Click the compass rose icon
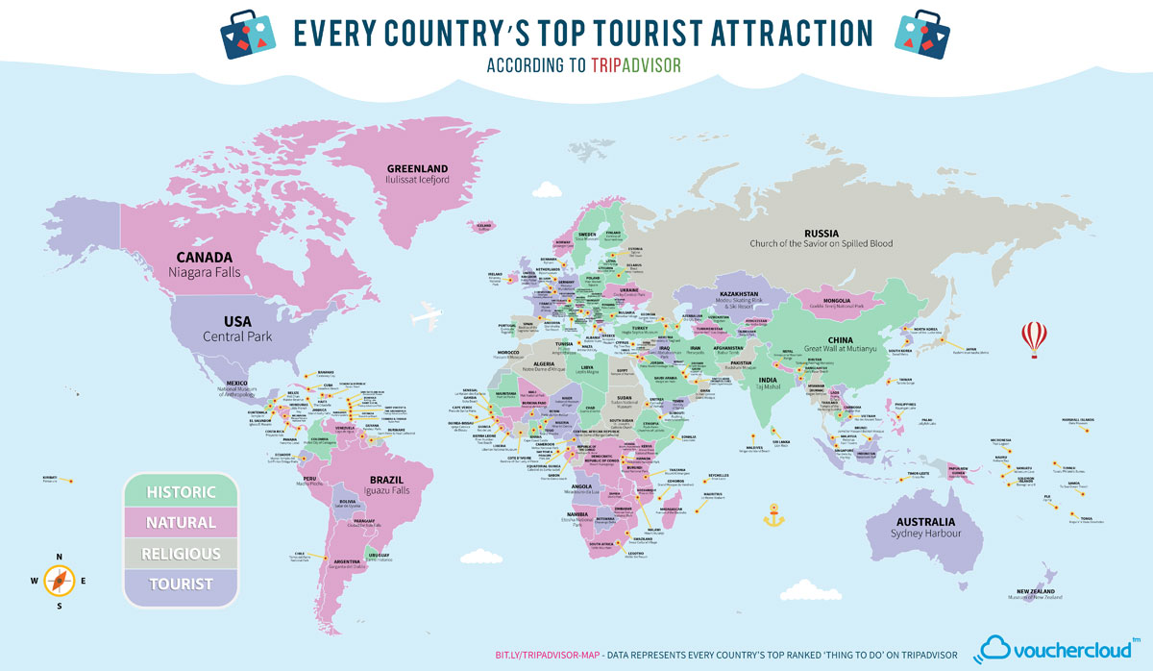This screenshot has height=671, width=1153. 60,580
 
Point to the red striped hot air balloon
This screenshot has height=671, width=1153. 1036,337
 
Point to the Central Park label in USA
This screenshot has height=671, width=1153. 237,336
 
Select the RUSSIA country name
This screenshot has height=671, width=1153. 822,233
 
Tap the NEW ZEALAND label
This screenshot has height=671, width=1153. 1036,590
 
